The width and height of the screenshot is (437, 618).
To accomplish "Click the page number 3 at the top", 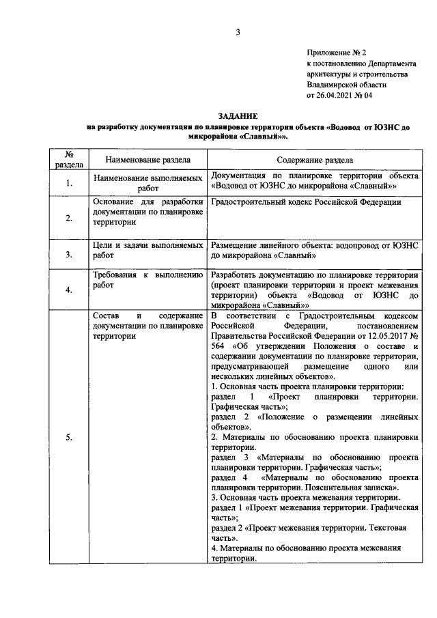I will tap(238, 31).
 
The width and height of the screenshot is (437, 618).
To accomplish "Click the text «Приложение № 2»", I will tap(337, 52).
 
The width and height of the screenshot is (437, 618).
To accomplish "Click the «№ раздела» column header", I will tap(69, 159).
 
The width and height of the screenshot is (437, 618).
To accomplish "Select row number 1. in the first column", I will tap(69, 183).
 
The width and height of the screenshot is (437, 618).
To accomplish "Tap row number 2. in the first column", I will tap(69, 218).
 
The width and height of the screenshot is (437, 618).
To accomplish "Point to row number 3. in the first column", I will tap(69, 255).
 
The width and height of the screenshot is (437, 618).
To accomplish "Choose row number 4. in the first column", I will tap(69, 290).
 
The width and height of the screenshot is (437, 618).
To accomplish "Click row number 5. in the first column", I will tap(69, 438).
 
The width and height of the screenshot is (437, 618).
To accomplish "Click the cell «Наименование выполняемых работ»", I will tap(148, 182).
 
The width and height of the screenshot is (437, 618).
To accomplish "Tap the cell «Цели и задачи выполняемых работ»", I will tap(148, 249).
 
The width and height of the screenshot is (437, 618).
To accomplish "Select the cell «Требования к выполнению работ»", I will tap(148, 279).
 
